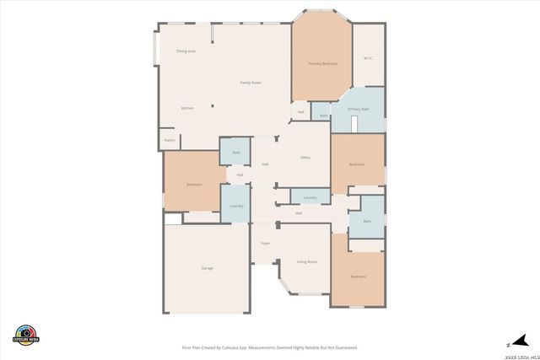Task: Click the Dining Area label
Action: coord(186,51)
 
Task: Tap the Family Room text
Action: coord(251,83)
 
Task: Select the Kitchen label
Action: coord(187,108)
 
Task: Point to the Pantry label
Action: coord(169,140)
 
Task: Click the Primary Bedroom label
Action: coord(322,63)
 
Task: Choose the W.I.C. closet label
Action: coord(368,58)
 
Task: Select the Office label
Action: coord(305,158)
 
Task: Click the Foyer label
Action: coord(265,243)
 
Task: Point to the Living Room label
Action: coord(306,262)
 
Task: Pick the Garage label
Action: coord(207,268)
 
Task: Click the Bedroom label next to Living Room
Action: coord(358,277)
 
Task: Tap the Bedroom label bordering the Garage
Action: coord(194,184)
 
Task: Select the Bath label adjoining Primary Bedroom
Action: coord(323,116)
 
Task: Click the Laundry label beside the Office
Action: coord(310,197)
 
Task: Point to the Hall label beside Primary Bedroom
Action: coord(300,112)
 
